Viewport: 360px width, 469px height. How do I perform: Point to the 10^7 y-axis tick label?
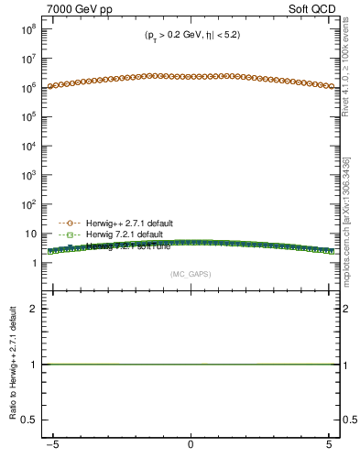pyautogui.click(x=27, y=59)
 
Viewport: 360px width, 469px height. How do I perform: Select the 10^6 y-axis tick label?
pyautogui.click(x=27, y=88)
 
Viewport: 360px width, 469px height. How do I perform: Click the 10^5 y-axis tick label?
pyautogui.click(x=27, y=117)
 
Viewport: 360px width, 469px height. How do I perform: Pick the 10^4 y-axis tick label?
pyautogui.click(x=27, y=147)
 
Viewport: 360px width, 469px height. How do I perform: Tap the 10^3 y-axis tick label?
pyautogui.click(x=27, y=176)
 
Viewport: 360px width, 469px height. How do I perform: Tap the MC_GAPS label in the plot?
pyautogui.click(x=190, y=273)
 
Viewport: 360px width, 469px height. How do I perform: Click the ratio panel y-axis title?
pyautogui.click(x=14, y=367)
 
